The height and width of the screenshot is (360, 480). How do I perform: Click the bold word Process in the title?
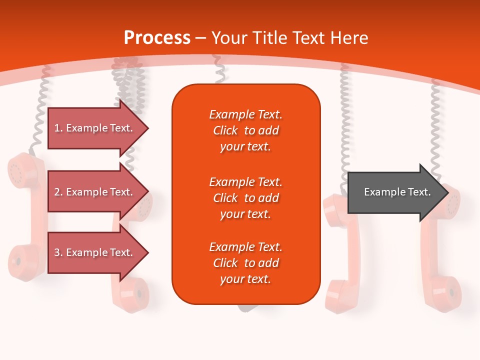[157, 38]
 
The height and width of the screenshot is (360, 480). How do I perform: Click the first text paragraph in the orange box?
[245, 130]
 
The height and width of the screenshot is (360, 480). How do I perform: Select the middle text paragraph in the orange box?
[245, 197]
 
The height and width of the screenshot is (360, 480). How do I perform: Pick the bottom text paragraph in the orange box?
[245, 263]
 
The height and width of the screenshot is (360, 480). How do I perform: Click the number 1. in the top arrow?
[58, 128]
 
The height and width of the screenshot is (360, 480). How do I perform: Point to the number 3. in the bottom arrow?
[58, 252]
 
